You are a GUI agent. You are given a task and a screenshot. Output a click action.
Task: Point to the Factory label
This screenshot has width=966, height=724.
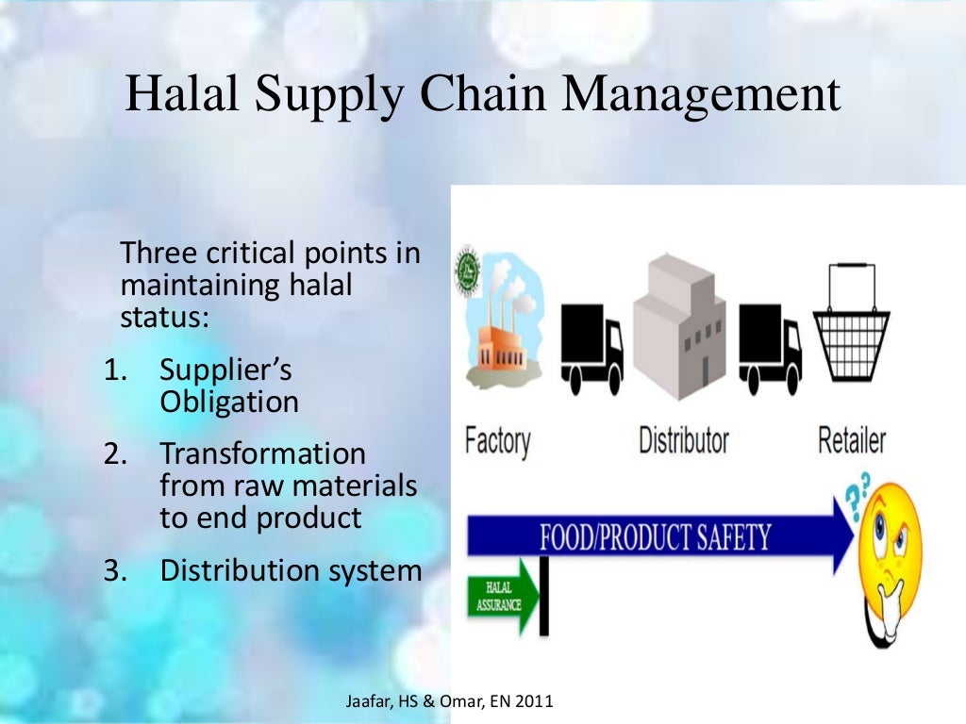(x=497, y=440)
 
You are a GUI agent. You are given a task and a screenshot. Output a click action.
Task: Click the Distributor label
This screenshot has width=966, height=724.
(x=684, y=440)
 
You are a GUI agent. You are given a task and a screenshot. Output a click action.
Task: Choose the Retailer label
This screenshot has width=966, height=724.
(x=851, y=440)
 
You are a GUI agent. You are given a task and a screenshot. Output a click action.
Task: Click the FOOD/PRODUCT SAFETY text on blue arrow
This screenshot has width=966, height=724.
(x=655, y=538)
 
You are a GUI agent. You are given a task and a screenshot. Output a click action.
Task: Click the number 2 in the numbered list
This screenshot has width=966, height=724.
(x=115, y=453)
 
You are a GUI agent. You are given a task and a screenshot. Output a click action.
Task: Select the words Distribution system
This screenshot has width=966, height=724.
(x=291, y=570)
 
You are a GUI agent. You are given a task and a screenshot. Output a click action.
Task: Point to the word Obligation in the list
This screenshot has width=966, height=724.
(x=229, y=402)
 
